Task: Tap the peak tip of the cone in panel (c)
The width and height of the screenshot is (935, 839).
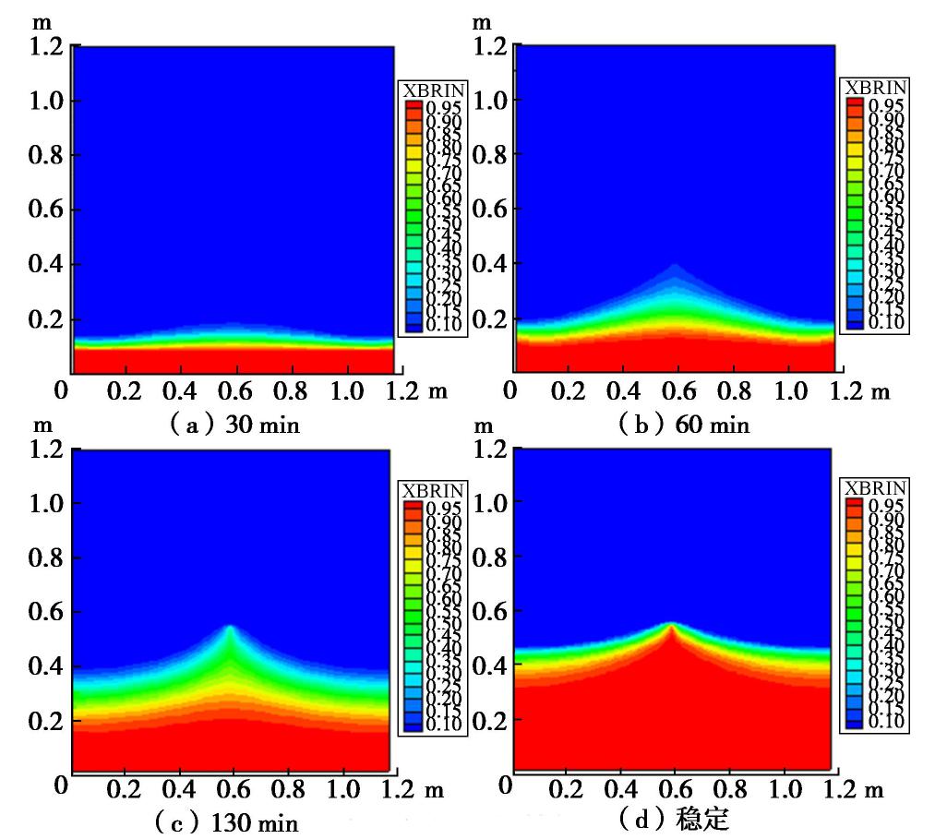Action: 229,627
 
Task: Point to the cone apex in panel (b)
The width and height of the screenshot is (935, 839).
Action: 676,265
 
